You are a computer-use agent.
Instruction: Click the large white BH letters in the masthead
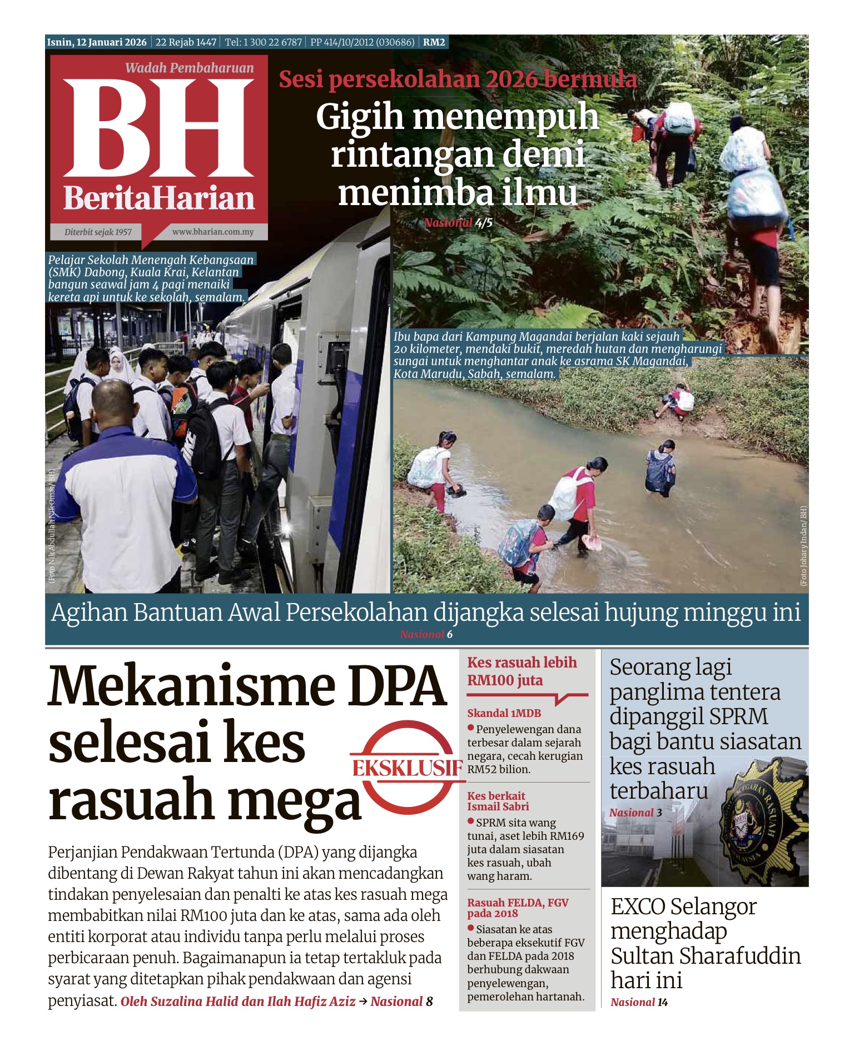click(158, 129)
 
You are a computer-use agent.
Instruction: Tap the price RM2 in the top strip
click(434, 42)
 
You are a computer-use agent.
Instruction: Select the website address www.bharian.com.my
click(212, 232)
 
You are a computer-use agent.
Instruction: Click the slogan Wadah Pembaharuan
click(189, 68)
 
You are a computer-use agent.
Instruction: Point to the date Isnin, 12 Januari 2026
click(97, 42)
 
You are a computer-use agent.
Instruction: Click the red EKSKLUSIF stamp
click(408, 768)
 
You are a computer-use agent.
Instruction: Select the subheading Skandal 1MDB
click(504, 713)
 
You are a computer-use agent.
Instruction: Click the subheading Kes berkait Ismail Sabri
click(498, 801)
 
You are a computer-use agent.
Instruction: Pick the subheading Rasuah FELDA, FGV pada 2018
click(517, 908)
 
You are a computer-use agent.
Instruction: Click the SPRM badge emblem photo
click(762, 817)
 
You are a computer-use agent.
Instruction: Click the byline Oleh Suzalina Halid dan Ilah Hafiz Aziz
click(238, 1001)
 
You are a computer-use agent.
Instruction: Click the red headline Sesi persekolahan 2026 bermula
click(458, 79)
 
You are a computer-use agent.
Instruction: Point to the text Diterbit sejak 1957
click(98, 232)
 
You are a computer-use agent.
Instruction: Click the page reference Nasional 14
click(639, 1002)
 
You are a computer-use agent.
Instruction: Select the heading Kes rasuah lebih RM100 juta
click(522, 671)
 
